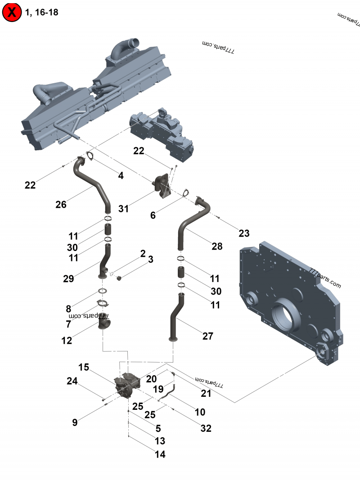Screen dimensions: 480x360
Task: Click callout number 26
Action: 61,205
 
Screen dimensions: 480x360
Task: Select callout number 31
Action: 124,208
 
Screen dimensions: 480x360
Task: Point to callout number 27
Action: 207,336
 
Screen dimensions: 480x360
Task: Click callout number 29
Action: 68,278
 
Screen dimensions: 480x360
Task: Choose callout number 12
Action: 67,341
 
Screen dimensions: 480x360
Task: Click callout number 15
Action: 84,367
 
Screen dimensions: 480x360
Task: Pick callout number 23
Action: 244,233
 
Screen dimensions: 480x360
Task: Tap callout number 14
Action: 160,454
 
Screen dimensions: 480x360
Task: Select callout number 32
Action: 206,428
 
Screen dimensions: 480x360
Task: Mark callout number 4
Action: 121,176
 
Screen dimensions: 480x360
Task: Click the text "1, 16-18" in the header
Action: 42,12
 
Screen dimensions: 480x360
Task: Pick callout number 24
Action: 72,381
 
